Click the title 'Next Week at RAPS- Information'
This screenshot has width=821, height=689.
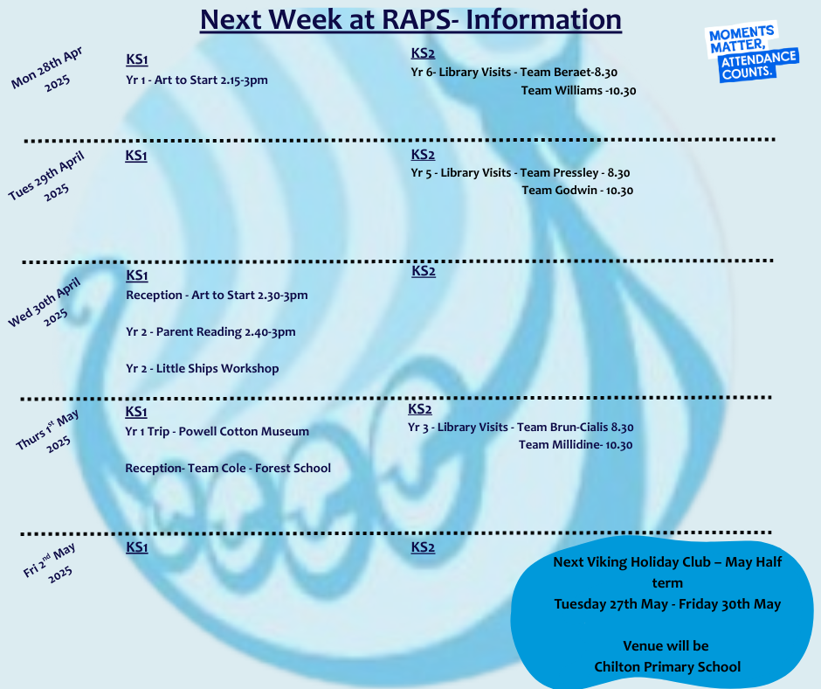click(410, 20)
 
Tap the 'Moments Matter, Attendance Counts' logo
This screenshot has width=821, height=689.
click(752, 52)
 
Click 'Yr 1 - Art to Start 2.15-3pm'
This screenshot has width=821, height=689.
click(197, 80)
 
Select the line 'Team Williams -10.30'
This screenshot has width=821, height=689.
click(578, 91)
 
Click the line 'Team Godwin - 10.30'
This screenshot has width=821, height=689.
click(577, 191)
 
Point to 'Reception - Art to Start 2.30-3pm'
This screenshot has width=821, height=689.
click(217, 296)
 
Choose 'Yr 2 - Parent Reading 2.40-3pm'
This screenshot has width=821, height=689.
click(210, 332)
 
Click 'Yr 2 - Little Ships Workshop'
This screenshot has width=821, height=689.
click(202, 369)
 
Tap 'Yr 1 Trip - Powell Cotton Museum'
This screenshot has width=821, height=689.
click(217, 432)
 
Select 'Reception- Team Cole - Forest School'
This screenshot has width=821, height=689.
click(228, 469)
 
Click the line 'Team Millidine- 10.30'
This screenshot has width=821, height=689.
click(576, 445)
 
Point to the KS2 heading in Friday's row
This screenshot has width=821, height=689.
click(423, 546)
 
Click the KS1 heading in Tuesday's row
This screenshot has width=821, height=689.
click(136, 156)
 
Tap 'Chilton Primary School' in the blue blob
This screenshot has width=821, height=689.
click(667, 667)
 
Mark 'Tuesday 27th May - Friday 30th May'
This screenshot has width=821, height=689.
click(667, 604)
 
